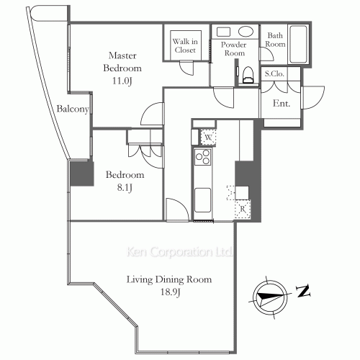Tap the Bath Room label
(x=276, y=40)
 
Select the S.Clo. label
(x=274, y=74)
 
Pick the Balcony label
(x=73, y=110)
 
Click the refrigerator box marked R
(x=243, y=209)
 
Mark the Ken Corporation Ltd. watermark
(x=179, y=253)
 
